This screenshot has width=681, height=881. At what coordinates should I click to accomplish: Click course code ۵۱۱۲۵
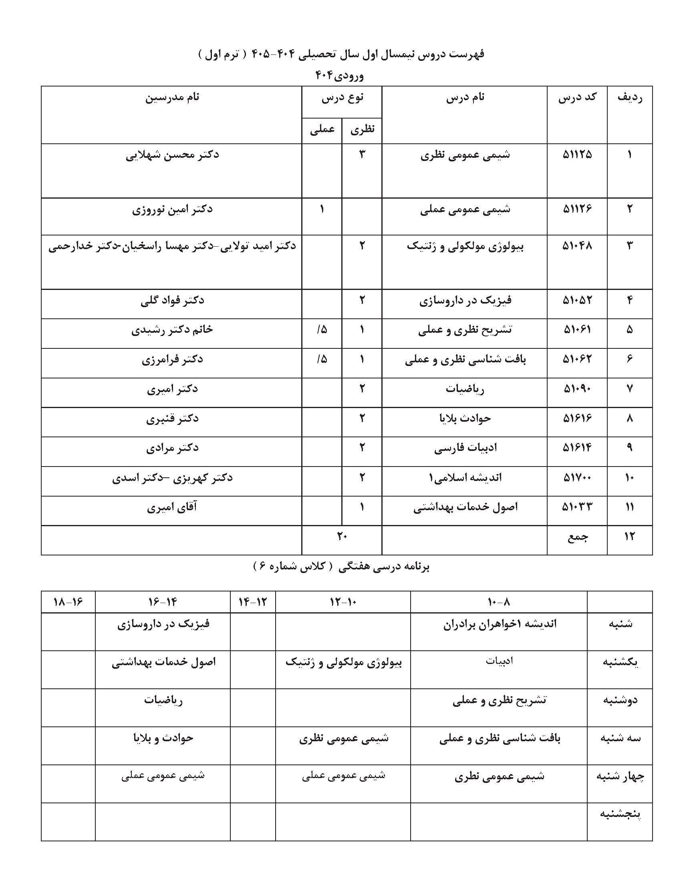point(577,155)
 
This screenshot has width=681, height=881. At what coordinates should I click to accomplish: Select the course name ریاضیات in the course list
point(465,389)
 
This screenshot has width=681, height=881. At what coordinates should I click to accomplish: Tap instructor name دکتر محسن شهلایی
point(172,155)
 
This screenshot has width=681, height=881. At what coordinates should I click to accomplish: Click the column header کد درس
point(577,98)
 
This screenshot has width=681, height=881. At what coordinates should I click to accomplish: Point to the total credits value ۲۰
point(342,536)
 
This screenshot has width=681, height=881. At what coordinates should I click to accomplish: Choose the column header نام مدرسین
point(172,98)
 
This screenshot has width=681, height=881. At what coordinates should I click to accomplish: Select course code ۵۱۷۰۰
point(577,478)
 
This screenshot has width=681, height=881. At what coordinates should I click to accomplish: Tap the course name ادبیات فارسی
point(465,448)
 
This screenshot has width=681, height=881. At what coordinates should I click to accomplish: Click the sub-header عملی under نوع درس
point(322,129)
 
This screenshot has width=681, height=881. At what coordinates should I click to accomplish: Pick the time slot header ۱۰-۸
point(499,602)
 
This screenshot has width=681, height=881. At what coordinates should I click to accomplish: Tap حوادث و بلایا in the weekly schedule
point(163,738)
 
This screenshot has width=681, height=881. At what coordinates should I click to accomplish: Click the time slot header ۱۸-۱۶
point(68,602)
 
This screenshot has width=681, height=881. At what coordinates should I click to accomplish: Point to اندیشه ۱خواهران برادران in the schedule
point(500,624)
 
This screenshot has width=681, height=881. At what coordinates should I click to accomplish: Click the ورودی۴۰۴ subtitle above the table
point(339,75)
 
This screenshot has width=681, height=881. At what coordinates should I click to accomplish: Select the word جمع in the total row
point(578,537)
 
